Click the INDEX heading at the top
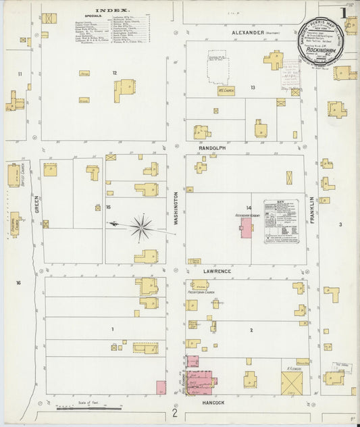[x=107, y=11]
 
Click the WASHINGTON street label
[x=176, y=209]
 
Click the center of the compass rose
[x=141, y=227]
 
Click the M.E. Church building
[x=226, y=91]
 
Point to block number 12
[x=115, y=72]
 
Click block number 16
[x=19, y=282]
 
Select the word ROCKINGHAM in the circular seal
[x=321, y=48]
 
